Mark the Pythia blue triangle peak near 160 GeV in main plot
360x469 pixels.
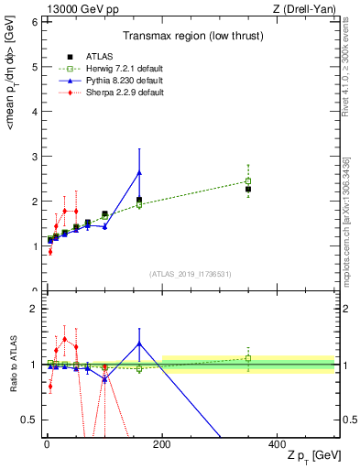pos(139,172)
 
